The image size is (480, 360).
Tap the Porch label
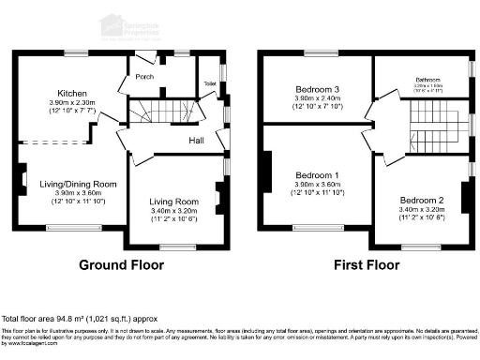pyautogui.click(x=144, y=77)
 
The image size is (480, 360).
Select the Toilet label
pyautogui.click(x=209, y=83)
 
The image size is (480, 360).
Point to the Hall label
pyautogui.click(x=197, y=141)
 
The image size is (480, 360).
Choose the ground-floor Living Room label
pyautogui.click(x=175, y=202)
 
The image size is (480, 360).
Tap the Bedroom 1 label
pyautogui.click(x=318, y=175)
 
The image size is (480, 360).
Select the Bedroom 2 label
pyautogui.click(x=422, y=201)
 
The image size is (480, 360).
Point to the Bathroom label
pyautogui.click(x=427, y=82)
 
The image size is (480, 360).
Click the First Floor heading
pyautogui.click(x=367, y=265)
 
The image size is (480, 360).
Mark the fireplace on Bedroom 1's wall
pyautogui.click(x=267, y=174)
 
